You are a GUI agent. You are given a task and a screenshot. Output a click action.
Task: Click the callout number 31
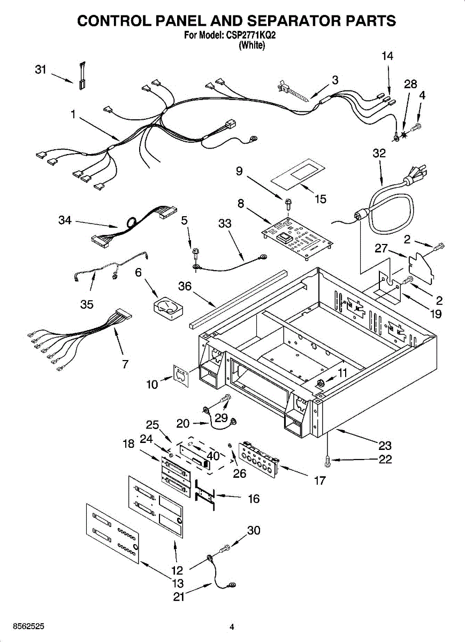tap(41, 70)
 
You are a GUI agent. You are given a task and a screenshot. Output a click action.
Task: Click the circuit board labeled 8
tap(298, 238)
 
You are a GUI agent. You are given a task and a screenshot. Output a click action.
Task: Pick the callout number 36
tap(185, 286)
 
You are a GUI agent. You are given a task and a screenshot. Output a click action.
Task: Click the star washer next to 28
tap(404, 134)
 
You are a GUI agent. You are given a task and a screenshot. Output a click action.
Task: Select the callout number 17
tap(320, 480)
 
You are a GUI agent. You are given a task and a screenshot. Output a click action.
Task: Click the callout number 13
tap(178, 583)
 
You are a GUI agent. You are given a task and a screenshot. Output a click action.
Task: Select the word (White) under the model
tap(252, 45)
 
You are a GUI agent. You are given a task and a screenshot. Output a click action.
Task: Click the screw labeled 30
tap(225, 548)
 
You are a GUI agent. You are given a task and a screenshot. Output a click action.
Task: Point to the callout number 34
tap(65, 220)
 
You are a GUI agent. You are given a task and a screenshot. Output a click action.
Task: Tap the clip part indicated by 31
tap(83, 76)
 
